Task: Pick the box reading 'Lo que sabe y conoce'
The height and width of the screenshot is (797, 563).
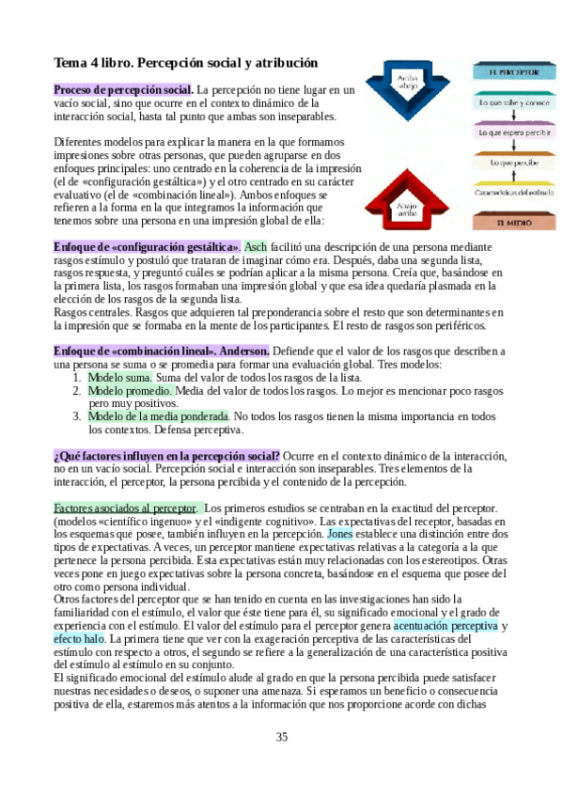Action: [x=507, y=102]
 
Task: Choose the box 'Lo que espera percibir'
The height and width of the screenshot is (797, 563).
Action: [x=507, y=133]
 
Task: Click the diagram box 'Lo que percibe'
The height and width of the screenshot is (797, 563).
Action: [x=507, y=163]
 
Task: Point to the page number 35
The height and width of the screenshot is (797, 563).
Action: [x=281, y=736]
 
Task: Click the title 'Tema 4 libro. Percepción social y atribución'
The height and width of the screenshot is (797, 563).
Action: [x=186, y=63]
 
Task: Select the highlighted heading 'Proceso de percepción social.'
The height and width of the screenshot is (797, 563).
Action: [x=123, y=89]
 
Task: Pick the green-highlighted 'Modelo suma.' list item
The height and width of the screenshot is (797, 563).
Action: [x=119, y=377]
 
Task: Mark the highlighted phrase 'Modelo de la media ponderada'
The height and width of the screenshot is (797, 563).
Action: [x=158, y=416]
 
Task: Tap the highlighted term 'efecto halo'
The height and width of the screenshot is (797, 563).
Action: [x=80, y=638]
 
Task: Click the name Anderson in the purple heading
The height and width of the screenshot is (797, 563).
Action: [x=244, y=351]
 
